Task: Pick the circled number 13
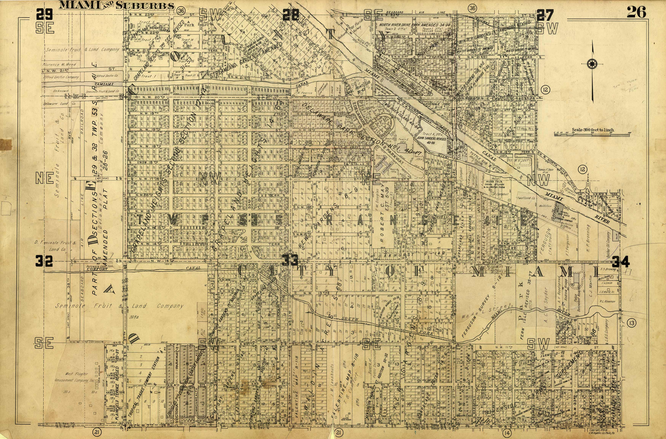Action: pos(632,323)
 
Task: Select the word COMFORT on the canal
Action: pos(97,269)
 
